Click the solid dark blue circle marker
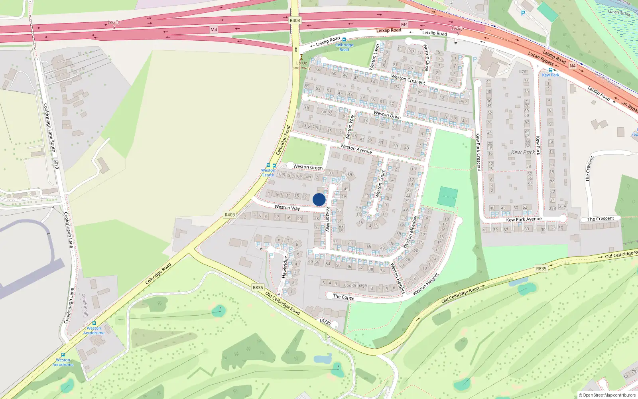(319, 199)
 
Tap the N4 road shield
(573, 66)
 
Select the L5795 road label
(325, 322)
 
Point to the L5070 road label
(56, 163)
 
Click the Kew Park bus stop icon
(550, 70)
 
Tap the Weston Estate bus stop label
(268, 173)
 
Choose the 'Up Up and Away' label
(301, 65)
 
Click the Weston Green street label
(308, 167)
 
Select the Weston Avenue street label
(356, 149)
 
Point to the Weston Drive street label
(387, 115)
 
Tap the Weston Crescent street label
(408, 79)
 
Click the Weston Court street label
(380, 184)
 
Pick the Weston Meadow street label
(410, 232)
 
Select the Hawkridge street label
(285, 267)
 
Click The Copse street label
(343, 297)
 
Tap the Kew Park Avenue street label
(524, 219)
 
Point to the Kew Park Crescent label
(478, 152)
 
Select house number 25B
(552, 208)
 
